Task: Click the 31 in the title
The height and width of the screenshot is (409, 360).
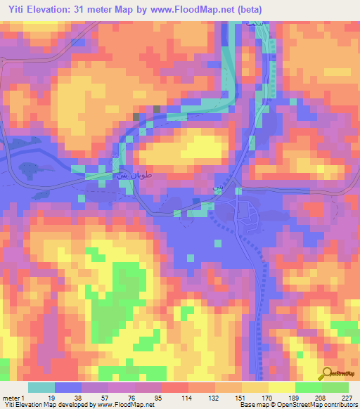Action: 90,9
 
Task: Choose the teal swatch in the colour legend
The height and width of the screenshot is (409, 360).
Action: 41,387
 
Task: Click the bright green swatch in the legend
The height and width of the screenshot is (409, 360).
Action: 309,387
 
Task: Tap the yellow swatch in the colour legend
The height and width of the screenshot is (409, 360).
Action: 282,387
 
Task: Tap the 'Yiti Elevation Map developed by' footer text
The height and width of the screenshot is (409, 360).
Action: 49,405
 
